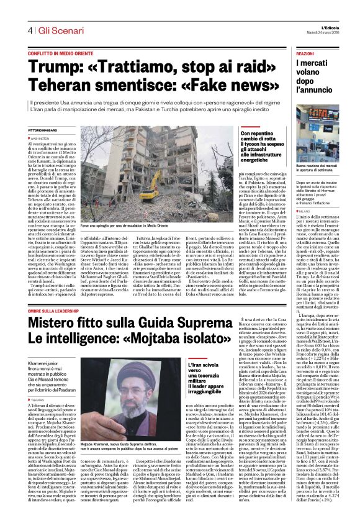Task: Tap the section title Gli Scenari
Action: pos(60,30)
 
